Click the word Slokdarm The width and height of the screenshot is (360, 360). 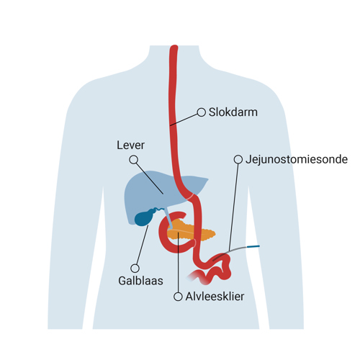233,112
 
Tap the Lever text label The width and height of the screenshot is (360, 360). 130,145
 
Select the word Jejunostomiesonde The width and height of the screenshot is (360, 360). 297,159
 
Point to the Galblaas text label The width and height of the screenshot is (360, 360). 140,281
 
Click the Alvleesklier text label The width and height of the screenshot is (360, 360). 215,297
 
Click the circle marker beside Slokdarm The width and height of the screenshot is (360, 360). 202,112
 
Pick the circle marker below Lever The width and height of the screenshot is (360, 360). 134,160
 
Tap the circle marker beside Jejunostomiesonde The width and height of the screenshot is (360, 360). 238,159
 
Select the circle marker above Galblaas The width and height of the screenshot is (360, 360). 135,269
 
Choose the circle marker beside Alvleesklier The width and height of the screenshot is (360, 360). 178,297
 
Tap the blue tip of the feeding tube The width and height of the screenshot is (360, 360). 253,246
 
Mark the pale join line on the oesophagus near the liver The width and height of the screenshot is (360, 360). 190,197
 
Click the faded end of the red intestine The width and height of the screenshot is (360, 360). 191,277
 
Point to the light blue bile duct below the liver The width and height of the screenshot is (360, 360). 168,218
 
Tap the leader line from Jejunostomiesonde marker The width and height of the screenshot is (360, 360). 233,207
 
